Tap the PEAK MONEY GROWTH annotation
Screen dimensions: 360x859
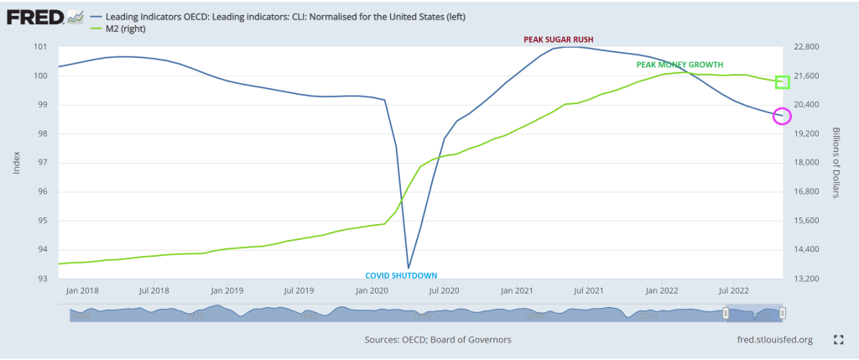[680, 65]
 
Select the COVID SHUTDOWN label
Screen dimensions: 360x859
[401, 275]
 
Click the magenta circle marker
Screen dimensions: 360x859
[782, 116]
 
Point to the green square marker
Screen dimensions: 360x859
[784, 81]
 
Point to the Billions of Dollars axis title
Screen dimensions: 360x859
[836, 163]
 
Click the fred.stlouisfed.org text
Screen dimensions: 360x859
[773, 340]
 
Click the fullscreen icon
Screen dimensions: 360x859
[837, 340]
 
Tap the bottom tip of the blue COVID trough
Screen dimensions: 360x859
[409, 268]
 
